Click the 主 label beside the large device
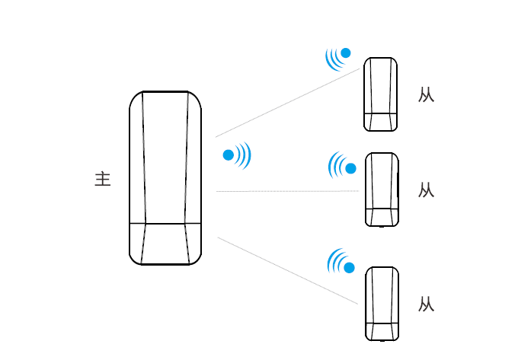[x=103, y=179]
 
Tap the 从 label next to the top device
[x=426, y=94]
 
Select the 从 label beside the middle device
[x=426, y=190]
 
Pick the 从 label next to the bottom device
[x=426, y=304]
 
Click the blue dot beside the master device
[x=229, y=155]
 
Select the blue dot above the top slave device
[x=346, y=53]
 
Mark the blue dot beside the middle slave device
[x=351, y=169]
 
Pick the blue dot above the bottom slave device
[x=349, y=268]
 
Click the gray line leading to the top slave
[x=288, y=103]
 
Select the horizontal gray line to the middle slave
[x=287, y=191]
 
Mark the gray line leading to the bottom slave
[x=288, y=271]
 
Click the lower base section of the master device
[x=165, y=244]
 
